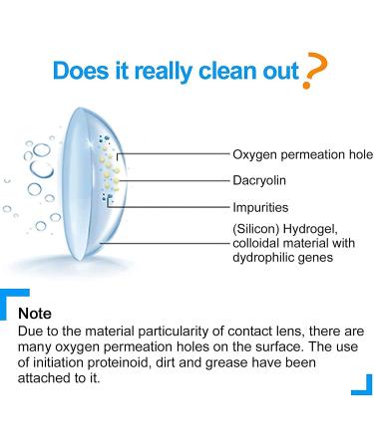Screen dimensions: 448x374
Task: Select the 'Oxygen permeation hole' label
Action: [x=301, y=155]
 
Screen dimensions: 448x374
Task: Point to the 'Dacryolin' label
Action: [x=259, y=182]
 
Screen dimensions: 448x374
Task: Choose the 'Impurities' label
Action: [x=260, y=208]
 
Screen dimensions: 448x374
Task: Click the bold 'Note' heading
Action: [x=35, y=313]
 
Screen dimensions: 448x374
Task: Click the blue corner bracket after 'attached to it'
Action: [x=361, y=384]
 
